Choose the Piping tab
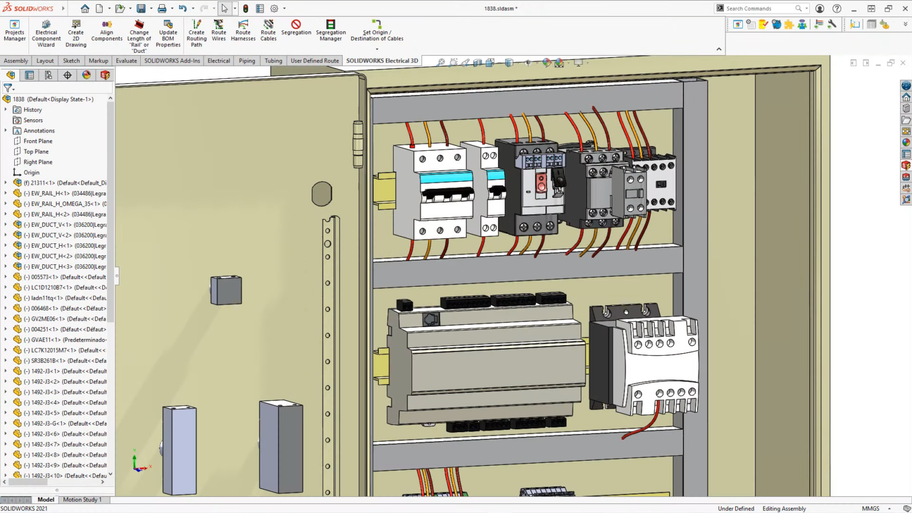246,61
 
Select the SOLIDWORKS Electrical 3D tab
382,61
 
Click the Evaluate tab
126,61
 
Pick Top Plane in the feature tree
36,151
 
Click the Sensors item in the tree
33,120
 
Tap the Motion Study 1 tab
82,499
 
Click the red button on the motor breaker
541,182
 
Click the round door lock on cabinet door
321,194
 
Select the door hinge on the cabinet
358,144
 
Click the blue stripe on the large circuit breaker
446,178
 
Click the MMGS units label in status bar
870,508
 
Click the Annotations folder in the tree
39,131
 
